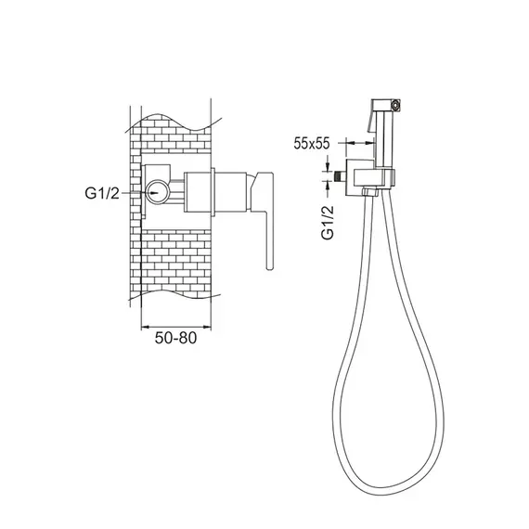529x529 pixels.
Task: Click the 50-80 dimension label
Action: pyautogui.click(x=175, y=338)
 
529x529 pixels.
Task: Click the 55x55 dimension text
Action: pyautogui.click(x=312, y=143)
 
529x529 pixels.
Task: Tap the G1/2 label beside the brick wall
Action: pyautogui.click(x=102, y=193)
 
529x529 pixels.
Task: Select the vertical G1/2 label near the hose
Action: pyautogui.click(x=328, y=223)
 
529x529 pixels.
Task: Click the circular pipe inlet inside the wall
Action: pyautogui.click(x=157, y=192)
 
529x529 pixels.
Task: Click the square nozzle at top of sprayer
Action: pyautogui.click(x=395, y=105)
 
